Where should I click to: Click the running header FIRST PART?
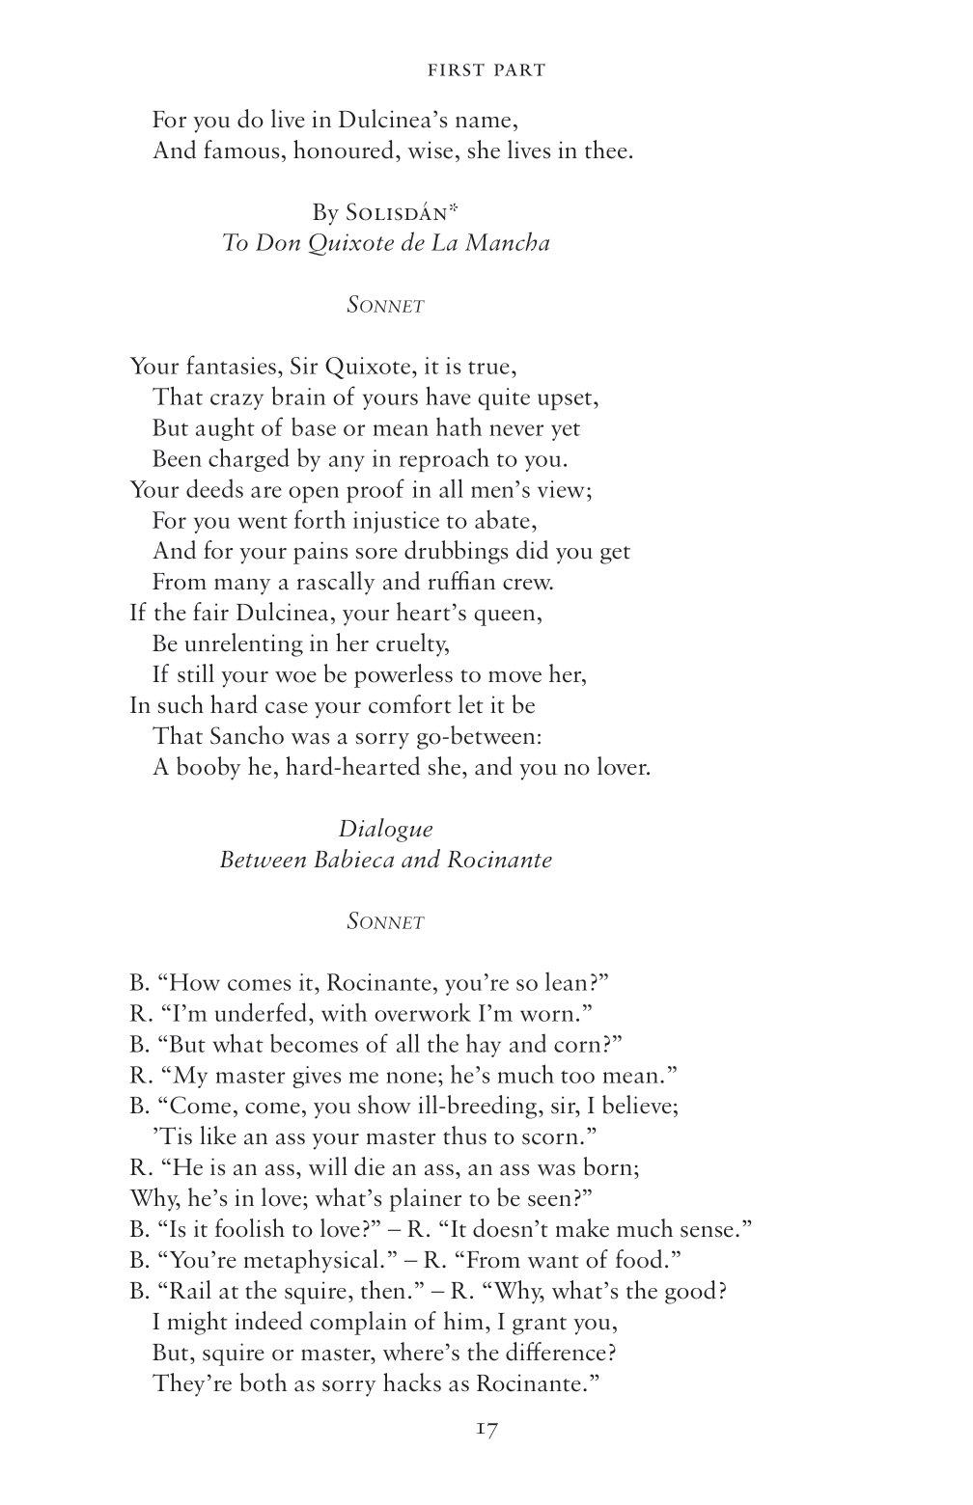click(x=486, y=69)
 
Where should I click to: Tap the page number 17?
click(x=486, y=1429)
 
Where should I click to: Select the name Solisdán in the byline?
click(x=391, y=212)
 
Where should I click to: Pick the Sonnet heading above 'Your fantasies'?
click(x=385, y=306)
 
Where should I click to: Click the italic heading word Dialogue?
click(x=385, y=829)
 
